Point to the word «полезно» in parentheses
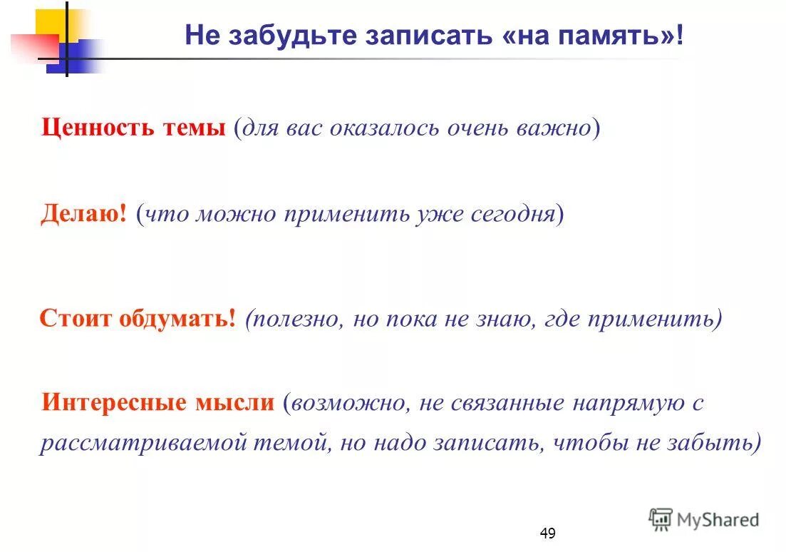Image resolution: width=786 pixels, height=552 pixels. (293, 319)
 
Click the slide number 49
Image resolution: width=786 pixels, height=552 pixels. (547, 533)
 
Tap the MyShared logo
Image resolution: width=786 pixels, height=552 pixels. (704, 519)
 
